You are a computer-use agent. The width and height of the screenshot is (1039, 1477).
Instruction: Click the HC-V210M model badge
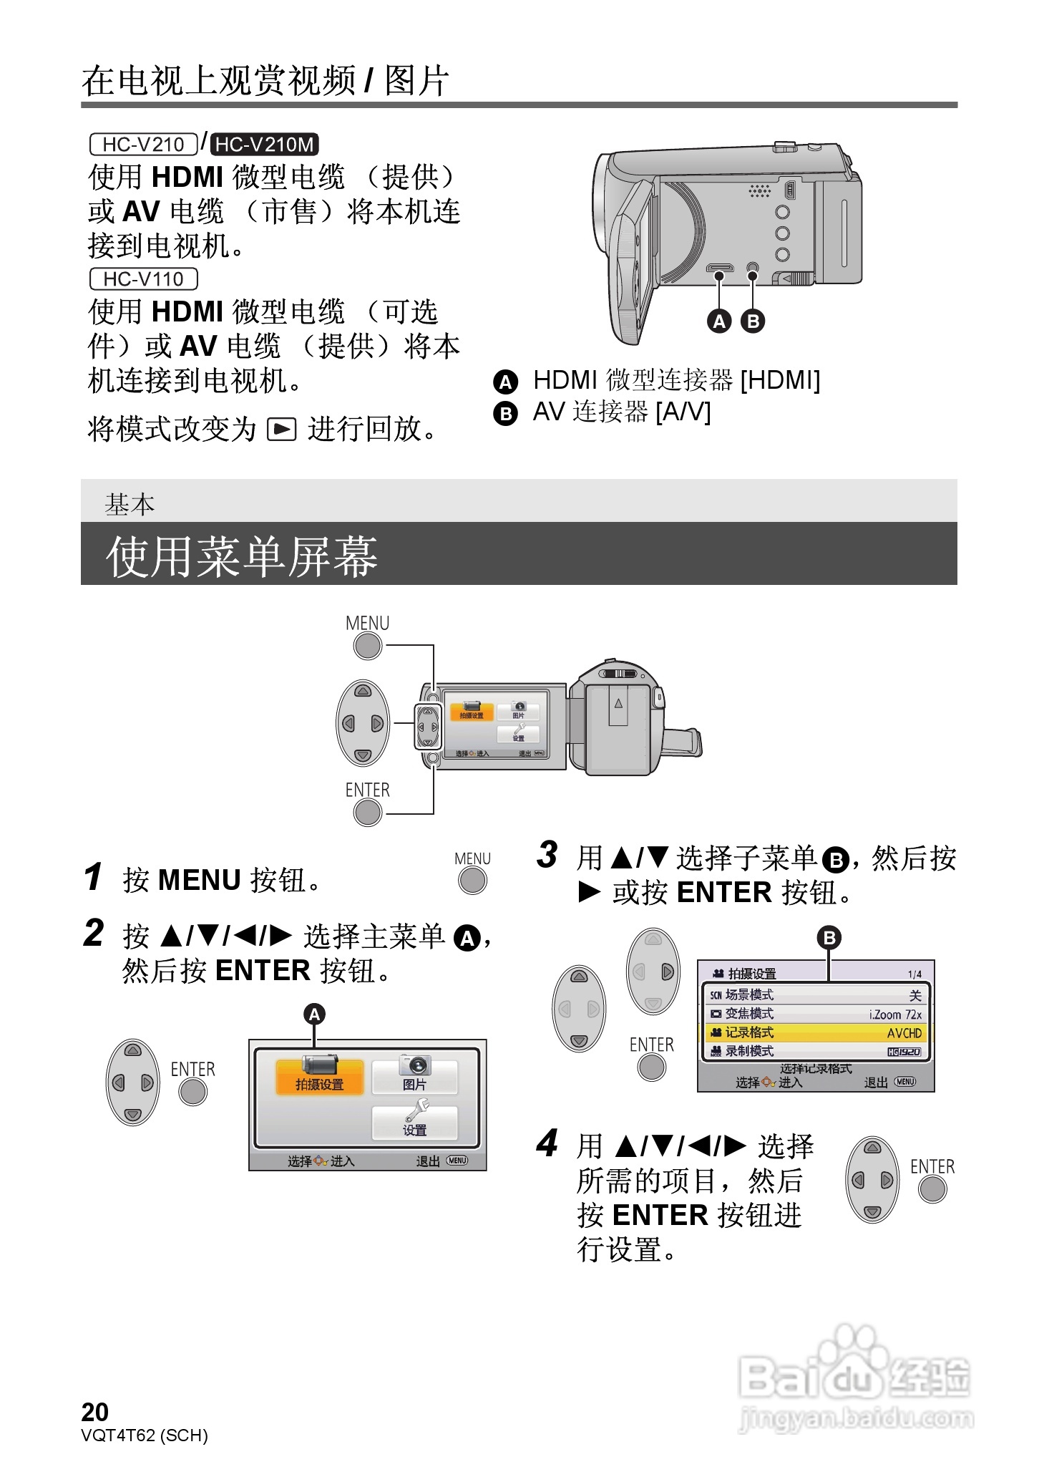[264, 145]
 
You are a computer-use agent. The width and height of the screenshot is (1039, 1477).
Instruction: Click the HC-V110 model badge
[143, 279]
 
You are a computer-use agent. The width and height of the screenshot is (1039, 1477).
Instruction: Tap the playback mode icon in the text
[281, 430]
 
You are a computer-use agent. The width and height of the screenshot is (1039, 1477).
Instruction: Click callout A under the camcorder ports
[719, 321]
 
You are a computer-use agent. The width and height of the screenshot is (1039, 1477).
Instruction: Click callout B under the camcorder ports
[752, 321]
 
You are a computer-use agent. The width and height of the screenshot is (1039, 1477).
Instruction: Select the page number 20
[94, 1412]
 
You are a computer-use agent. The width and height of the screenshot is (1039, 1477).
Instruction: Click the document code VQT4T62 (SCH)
[144, 1435]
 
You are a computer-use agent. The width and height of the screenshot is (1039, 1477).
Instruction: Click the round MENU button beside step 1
[472, 880]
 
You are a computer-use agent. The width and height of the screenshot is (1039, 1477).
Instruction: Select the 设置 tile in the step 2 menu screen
[414, 1122]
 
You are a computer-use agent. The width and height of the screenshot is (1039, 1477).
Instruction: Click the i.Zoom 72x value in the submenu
[895, 1014]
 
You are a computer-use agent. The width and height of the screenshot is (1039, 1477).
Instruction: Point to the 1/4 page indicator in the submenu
[914, 974]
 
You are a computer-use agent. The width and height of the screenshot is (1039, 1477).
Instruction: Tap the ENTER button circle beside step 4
[932, 1189]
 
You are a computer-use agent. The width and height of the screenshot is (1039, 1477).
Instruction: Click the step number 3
[547, 855]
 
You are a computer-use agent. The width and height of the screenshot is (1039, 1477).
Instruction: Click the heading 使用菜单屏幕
[242, 556]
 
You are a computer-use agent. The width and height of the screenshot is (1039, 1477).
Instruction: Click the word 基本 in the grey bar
[130, 505]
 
